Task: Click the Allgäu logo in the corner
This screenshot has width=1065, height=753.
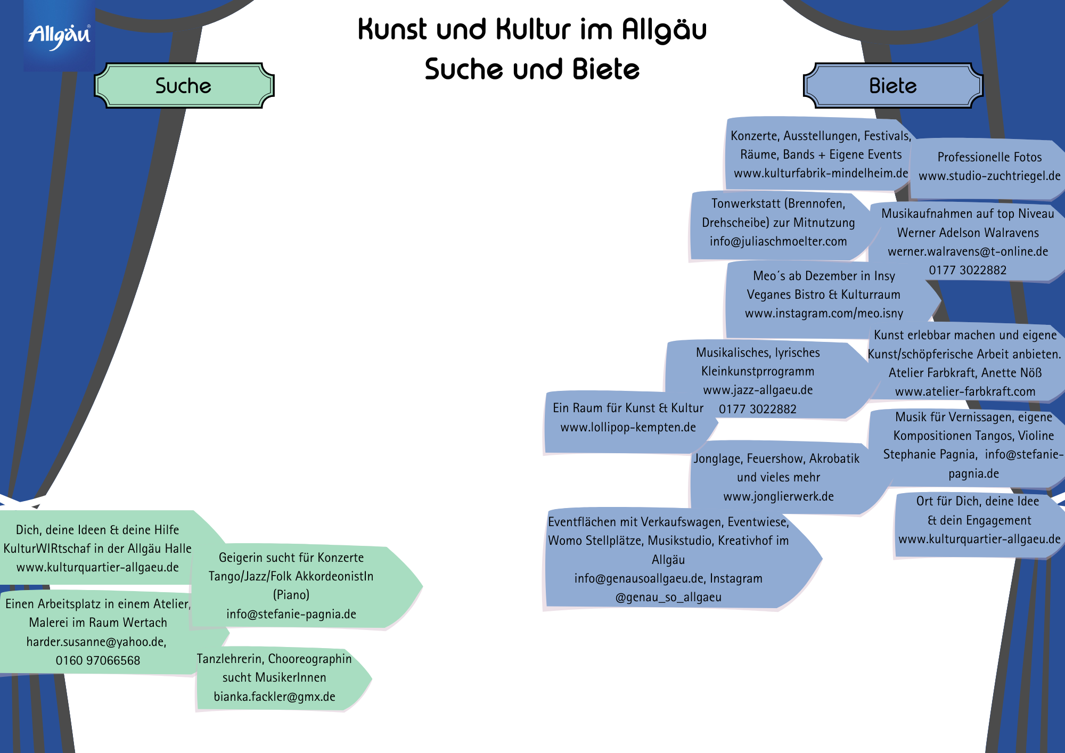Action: point(59,36)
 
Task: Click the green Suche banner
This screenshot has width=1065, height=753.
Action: point(183,86)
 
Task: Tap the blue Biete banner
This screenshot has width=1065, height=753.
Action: point(892,86)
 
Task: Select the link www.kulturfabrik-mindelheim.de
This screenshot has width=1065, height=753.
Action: point(821,173)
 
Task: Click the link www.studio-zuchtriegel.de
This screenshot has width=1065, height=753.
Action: point(989,176)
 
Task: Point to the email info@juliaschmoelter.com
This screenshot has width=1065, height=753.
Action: point(778,241)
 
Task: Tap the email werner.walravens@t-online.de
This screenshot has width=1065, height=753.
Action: point(968,251)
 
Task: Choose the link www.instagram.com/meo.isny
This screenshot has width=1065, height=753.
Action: point(824,313)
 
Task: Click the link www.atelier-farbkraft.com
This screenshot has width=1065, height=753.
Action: point(965,391)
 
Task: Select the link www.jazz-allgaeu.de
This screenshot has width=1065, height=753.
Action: point(758,390)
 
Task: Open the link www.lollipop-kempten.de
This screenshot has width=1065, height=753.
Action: point(628,427)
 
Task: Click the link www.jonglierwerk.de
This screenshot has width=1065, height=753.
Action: point(778,496)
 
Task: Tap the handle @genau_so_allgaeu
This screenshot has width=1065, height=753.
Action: point(668,597)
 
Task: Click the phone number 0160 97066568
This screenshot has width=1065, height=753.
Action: point(98,660)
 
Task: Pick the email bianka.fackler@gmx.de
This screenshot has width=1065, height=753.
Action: point(274,697)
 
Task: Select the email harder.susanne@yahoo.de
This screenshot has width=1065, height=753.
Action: point(96,642)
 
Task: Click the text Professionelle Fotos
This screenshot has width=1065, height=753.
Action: point(989,157)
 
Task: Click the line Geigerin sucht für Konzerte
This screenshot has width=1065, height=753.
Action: point(291,558)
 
